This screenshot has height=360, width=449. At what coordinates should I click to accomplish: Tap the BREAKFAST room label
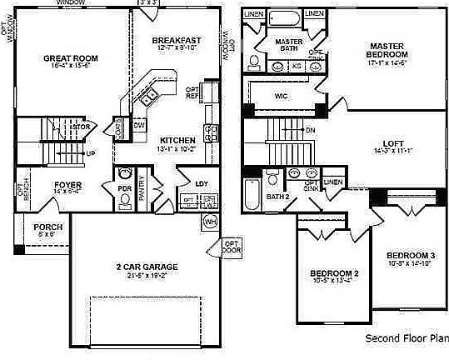177,40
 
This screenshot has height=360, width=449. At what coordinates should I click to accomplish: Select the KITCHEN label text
177,140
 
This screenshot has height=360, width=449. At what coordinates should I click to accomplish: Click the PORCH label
42,227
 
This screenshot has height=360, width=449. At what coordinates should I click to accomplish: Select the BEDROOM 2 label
335,273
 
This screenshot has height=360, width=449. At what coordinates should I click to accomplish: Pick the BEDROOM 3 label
410,255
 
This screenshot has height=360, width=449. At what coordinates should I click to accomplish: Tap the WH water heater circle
210,221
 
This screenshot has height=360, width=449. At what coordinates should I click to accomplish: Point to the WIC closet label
282,95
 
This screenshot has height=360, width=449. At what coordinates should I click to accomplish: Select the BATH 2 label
277,197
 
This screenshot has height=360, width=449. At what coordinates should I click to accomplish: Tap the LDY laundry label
202,183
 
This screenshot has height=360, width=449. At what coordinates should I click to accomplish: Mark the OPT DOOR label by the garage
231,247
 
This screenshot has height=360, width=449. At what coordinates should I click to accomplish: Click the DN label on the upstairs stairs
310,131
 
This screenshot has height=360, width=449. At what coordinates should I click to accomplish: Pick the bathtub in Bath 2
251,193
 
